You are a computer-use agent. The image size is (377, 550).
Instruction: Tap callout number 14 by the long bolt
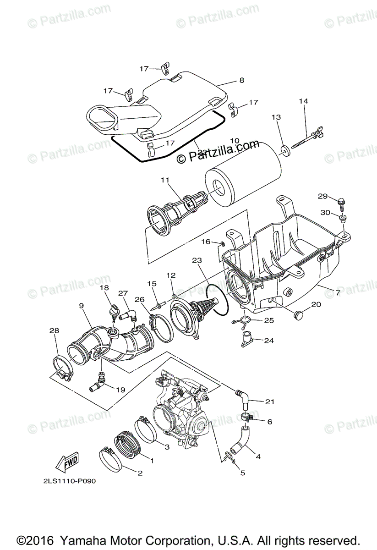(304, 101)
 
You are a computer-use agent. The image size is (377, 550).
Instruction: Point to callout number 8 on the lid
(241, 80)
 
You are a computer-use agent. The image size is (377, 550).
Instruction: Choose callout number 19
(120, 390)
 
